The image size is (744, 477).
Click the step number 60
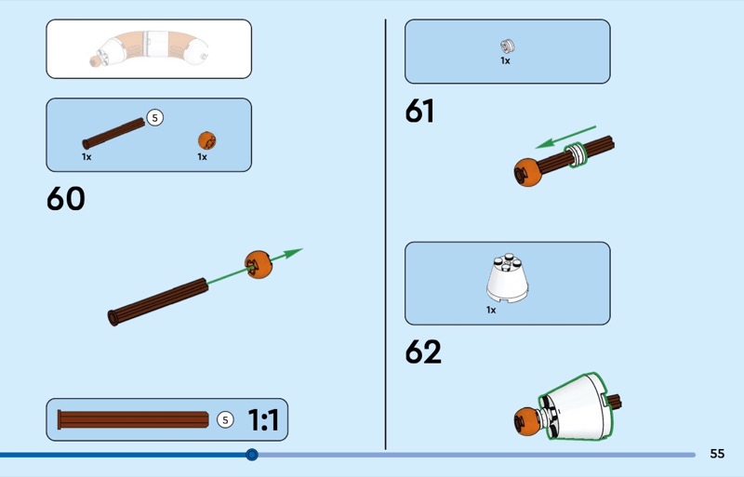pos(65,198)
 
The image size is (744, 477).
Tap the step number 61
pos(419,111)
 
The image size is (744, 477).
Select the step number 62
pos(423,351)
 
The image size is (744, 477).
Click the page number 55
pos(717,454)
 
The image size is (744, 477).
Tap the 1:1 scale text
pos(263,420)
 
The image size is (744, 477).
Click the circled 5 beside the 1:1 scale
pos(225,419)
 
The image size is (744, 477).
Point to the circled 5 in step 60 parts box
pos(154,118)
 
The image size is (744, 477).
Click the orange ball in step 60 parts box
pos(206,140)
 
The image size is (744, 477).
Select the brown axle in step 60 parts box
pos(113,133)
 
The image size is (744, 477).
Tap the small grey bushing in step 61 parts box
pos(507,46)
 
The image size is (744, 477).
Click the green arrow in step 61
pos(565,138)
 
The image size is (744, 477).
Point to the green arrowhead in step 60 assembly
pos(292,253)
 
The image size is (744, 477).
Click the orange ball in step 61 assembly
pos(527,172)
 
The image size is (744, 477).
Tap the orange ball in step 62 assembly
pos(527,421)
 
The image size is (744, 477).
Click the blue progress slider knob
pos(252,455)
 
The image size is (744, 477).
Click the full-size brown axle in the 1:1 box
pos(133,420)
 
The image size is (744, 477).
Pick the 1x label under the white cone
pos(491,310)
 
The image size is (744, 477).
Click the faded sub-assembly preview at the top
pos(149,48)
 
